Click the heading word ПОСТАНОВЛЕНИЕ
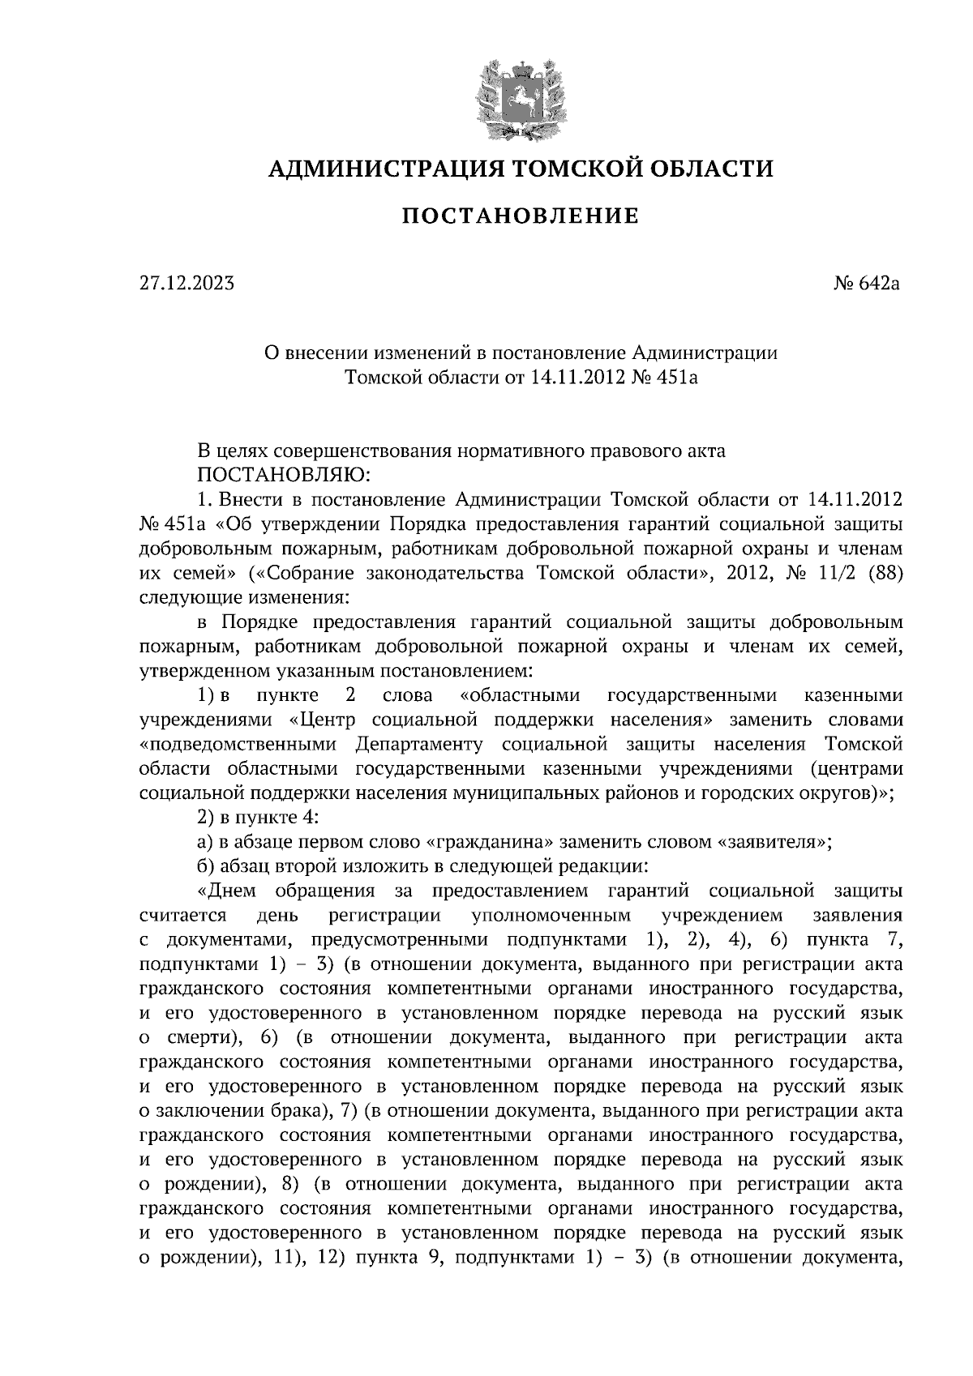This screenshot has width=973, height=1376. tap(521, 216)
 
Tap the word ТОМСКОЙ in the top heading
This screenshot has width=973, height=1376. tap(553, 169)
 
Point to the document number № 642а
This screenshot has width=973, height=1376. tap(861, 284)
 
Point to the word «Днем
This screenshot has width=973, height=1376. tap(227, 891)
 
